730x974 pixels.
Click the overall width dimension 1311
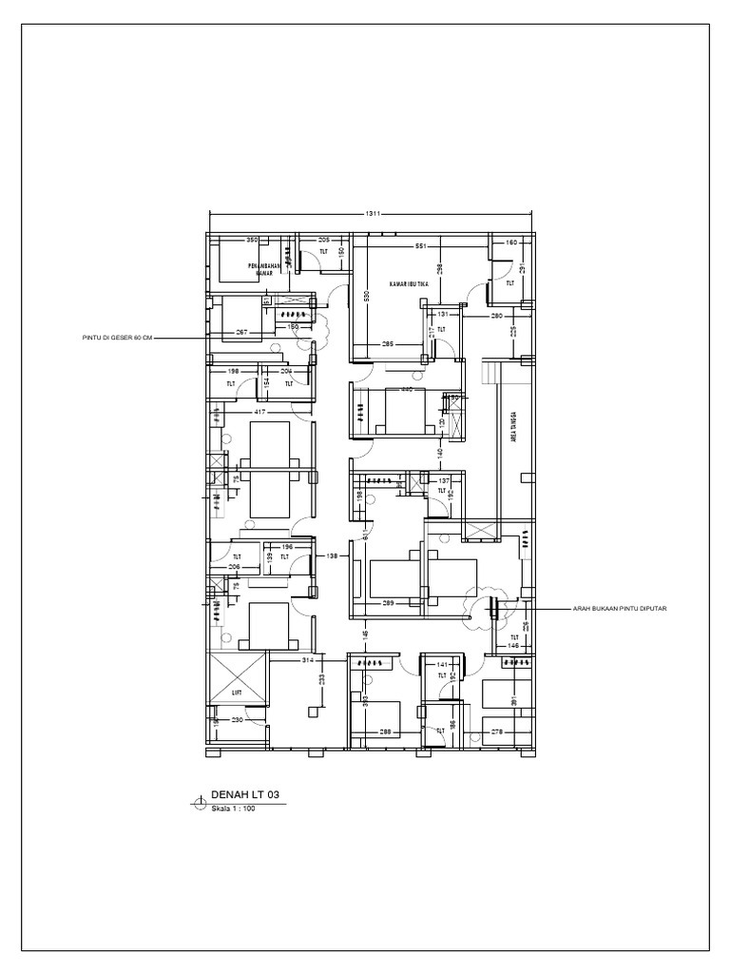(372, 215)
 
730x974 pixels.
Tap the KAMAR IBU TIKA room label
(409, 284)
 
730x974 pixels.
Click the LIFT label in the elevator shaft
(237, 693)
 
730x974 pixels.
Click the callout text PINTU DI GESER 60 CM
(115, 337)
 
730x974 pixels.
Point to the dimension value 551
(419, 246)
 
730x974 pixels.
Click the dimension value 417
(259, 413)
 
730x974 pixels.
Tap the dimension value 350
(252, 240)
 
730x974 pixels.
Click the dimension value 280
(496, 315)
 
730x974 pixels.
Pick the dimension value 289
(389, 603)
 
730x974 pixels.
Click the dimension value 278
(496, 731)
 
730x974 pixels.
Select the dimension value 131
(443, 313)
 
